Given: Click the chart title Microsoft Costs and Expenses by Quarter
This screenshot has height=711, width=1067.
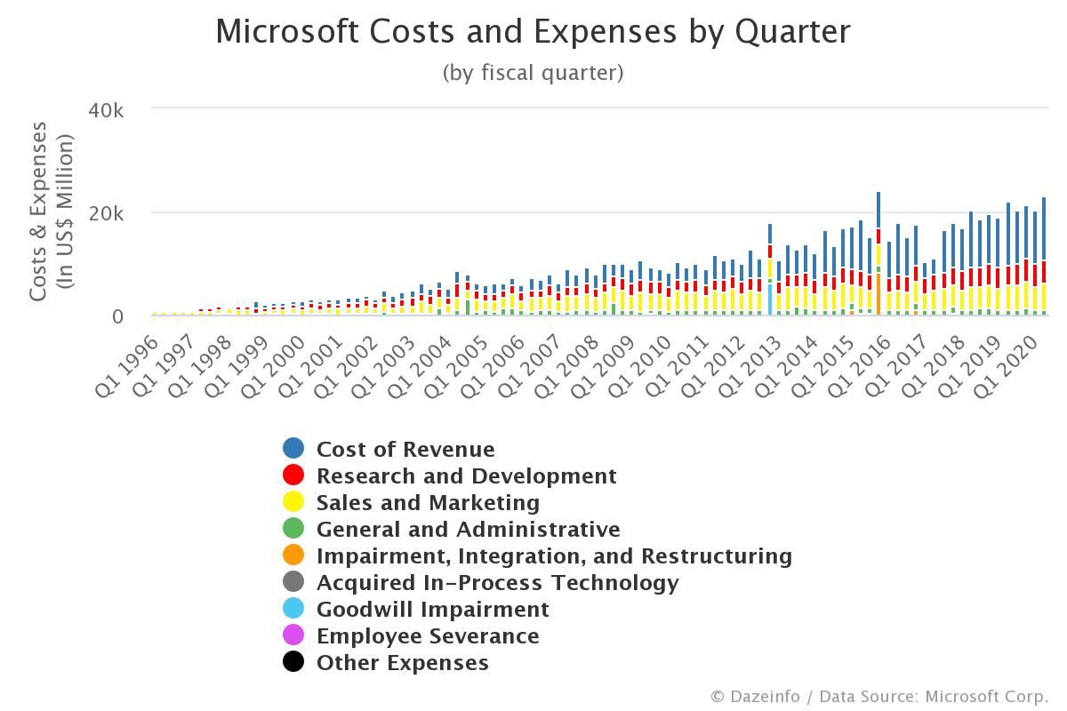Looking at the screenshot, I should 533,32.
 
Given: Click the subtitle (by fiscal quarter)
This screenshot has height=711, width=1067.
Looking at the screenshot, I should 533,73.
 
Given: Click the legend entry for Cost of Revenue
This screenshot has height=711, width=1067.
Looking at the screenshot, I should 405,450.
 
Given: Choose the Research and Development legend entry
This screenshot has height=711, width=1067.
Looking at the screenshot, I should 466,476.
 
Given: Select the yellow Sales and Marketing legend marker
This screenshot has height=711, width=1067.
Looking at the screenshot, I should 293,503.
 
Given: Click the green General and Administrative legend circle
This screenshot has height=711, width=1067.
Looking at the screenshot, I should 293,530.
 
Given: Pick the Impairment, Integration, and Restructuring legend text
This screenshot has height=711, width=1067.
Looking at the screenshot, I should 554,556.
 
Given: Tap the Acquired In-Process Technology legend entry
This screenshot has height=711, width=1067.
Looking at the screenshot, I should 497,583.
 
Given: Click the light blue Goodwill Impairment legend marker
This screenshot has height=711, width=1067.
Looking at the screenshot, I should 293,610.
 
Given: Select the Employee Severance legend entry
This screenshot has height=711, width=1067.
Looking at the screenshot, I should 428,636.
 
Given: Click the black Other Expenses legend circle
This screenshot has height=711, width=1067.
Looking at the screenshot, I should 293,663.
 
